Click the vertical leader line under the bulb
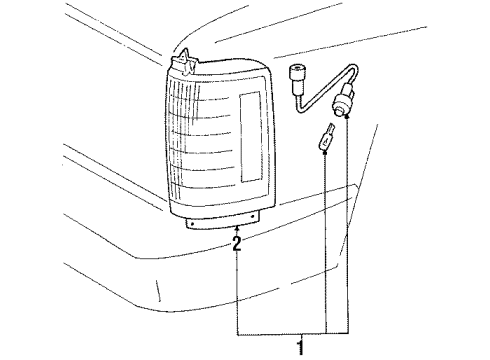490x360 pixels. pyautogui.click(x=326, y=250)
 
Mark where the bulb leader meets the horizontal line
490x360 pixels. pyautogui.click(x=326, y=331)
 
